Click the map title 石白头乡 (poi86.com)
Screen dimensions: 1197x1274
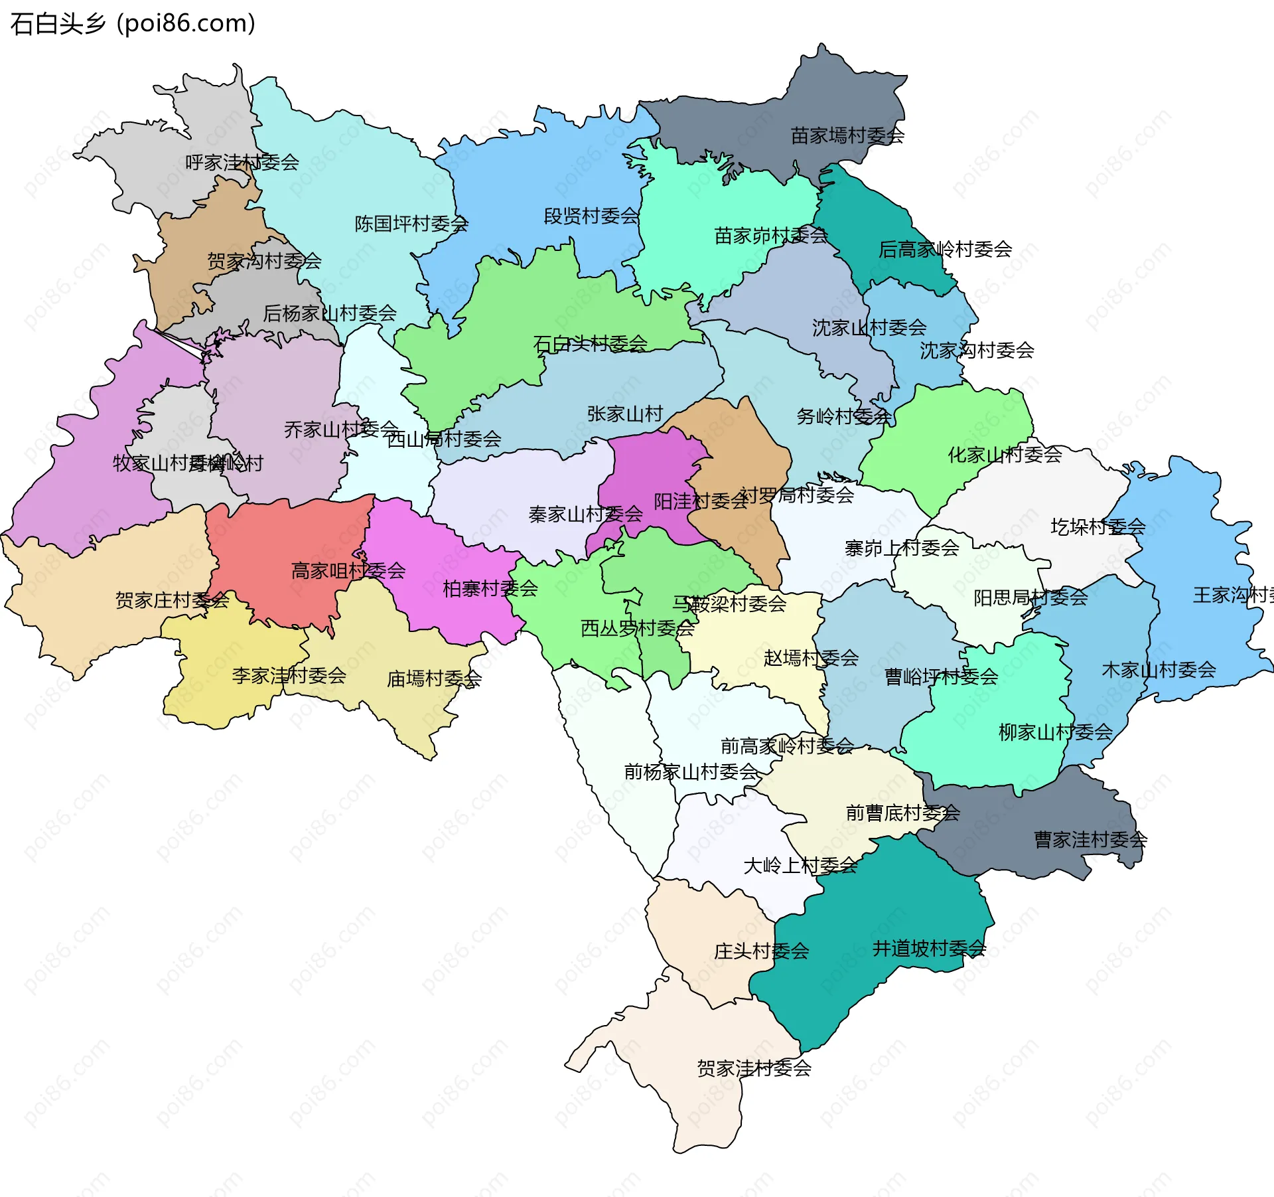point(133,23)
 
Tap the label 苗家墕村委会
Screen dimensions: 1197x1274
point(847,135)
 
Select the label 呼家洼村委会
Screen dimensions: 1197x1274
point(242,162)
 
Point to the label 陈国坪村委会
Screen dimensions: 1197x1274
point(411,224)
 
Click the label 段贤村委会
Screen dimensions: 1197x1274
point(591,216)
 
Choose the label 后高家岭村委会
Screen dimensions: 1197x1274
point(945,249)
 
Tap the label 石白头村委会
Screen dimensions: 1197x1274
point(591,343)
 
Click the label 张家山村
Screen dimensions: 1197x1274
point(625,414)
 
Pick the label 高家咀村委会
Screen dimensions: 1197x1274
point(348,570)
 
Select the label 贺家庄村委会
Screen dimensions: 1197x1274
point(173,600)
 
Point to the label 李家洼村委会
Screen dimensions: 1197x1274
point(289,675)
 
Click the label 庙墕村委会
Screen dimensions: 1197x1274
point(434,678)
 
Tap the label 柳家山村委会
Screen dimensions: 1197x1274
point(1055,732)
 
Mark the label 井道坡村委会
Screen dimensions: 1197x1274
point(929,948)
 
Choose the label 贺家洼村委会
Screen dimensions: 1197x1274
point(754,1068)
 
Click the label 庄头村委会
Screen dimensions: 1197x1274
point(761,951)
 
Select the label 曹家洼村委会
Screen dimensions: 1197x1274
point(1090,840)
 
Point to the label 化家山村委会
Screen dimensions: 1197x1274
point(1005,455)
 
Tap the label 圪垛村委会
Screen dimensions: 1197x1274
point(1097,526)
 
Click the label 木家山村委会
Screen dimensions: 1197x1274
point(1159,670)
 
